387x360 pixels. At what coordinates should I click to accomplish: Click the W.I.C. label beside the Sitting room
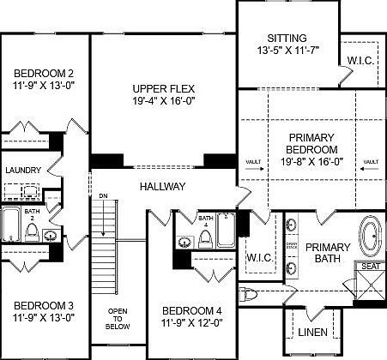pos(360,61)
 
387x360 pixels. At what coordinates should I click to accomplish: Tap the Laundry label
pos(23,171)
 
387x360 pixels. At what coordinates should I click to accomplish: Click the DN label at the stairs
pos(103,195)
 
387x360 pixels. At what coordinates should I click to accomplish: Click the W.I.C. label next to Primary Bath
pos(258,257)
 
